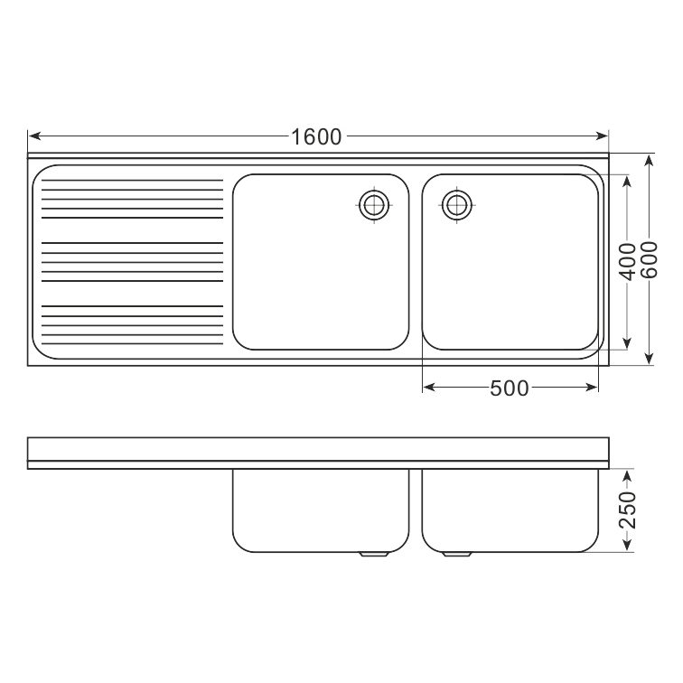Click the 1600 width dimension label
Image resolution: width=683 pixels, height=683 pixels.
pos(316,136)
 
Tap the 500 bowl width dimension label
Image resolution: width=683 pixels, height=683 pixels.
pos(510,388)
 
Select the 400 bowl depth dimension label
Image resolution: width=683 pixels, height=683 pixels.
pos(628,262)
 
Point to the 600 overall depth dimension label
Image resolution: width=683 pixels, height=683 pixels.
pos(649,259)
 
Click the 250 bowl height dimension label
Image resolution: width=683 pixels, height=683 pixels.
pos(628,510)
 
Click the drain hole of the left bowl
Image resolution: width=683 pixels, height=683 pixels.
pos(374,205)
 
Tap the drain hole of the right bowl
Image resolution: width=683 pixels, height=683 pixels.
pos(457,205)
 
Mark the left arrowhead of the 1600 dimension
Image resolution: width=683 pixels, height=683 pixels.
pos(35,136)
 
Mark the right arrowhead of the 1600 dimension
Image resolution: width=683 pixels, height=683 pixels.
pos(602,136)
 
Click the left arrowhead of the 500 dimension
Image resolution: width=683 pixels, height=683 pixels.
pos(429,387)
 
